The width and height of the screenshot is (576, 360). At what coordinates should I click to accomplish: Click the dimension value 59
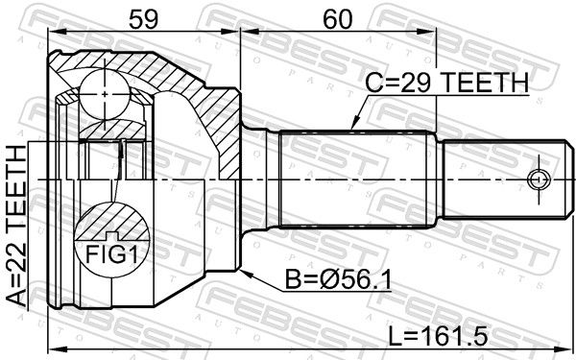(144, 19)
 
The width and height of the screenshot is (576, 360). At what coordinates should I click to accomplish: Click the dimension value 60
(337, 19)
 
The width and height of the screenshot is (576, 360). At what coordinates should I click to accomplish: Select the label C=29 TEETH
(447, 83)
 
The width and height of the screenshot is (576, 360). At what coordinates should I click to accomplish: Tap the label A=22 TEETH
(17, 227)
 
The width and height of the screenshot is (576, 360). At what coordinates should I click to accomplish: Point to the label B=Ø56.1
(338, 280)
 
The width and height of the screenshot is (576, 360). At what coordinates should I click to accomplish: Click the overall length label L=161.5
(439, 336)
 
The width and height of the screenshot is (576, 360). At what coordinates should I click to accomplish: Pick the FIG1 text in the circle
(111, 254)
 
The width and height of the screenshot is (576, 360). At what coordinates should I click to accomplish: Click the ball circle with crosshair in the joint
(105, 95)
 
